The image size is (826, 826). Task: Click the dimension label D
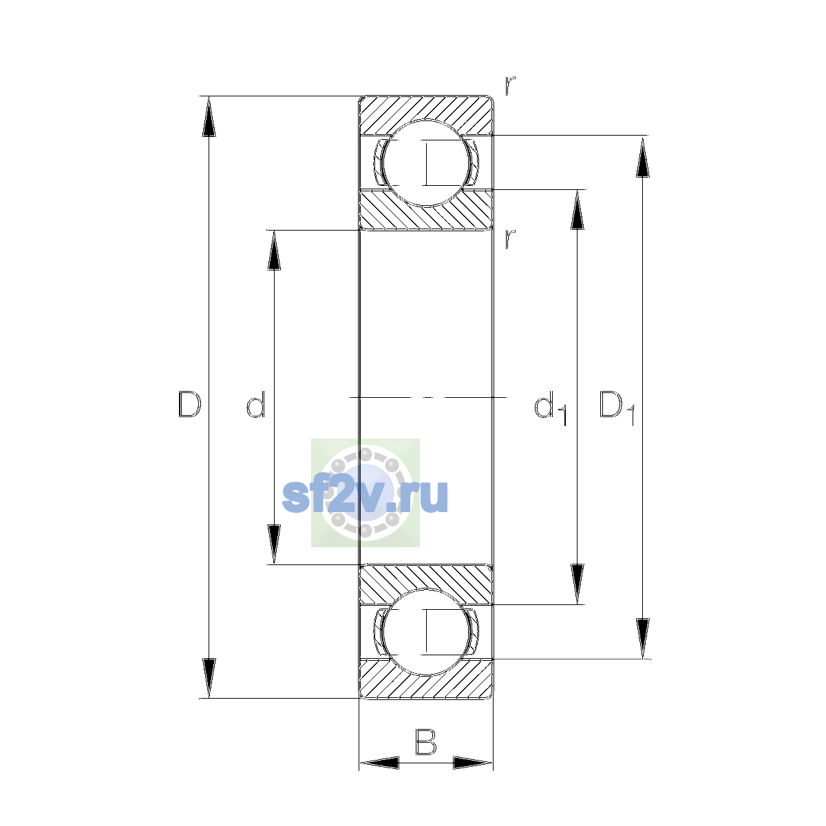coord(189,404)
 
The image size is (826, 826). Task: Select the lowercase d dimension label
coord(256,404)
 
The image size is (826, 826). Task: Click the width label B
coord(425,741)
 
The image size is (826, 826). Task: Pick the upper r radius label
coord(509,85)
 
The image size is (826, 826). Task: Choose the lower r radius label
coord(509,239)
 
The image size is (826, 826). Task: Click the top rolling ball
coord(425,163)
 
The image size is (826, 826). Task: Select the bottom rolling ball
coord(425,633)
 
